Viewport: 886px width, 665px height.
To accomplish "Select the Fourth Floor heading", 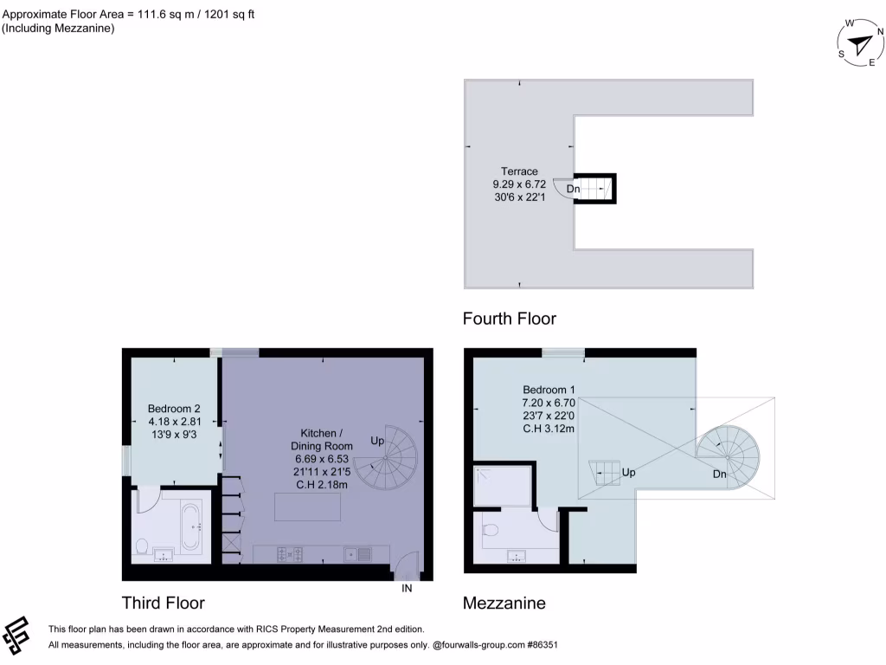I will [509, 319].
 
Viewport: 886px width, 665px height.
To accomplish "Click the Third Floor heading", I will [163, 603].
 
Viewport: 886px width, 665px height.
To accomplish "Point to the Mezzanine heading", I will [504, 603].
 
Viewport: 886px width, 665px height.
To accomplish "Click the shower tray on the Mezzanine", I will [503, 485].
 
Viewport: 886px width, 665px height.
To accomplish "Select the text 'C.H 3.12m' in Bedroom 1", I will [549, 427].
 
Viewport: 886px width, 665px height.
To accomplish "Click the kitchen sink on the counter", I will [357, 553].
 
